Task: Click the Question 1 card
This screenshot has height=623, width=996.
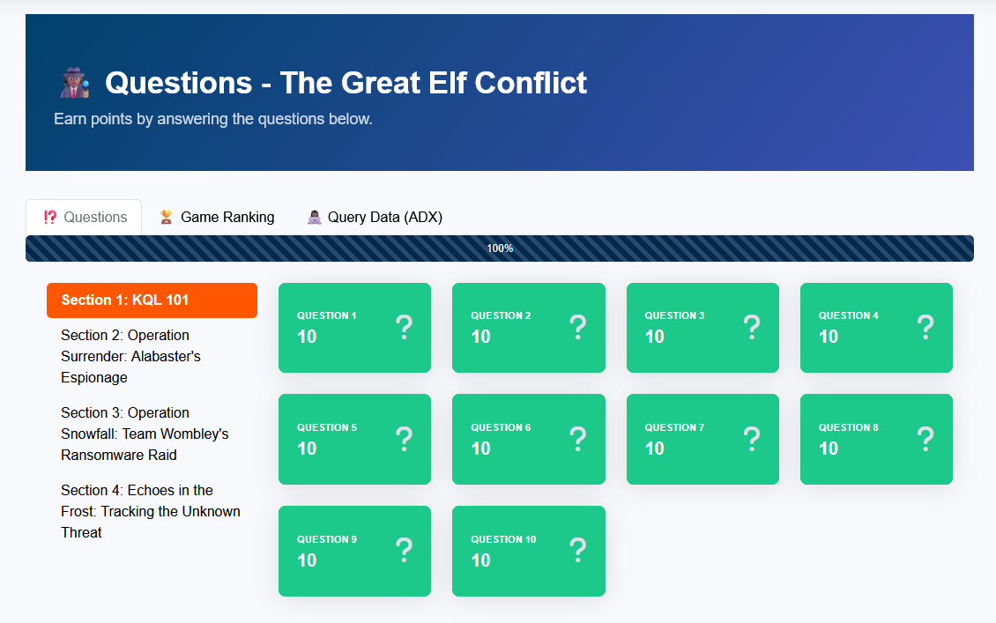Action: coord(354,328)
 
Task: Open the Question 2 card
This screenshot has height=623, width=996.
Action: coord(529,328)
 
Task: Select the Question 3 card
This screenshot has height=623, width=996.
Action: coord(702,328)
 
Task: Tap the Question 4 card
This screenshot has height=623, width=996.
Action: coord(877,328)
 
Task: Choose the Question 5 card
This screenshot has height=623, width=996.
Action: coord(354,440)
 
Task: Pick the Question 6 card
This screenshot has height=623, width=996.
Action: coord(529,440)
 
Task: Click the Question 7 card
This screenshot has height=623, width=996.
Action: coord(702,440)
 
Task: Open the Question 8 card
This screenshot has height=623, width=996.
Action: coord(877,440)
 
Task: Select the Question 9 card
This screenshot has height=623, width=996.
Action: coord(354,552)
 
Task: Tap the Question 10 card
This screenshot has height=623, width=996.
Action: coord(529,552)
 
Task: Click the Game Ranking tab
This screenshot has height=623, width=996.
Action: coord(217,217)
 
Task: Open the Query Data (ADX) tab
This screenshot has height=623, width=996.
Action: coord(375,217)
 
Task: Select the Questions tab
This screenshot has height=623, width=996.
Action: coord(84,217)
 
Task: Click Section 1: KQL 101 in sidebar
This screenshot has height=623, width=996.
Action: coord(152,300)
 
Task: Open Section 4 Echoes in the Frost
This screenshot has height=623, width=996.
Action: coord(152,511)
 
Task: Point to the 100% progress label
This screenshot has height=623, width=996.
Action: coord(500,248)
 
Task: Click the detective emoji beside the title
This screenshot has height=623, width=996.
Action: coord(75,83)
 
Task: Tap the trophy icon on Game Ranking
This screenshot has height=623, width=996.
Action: coord(167,217)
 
